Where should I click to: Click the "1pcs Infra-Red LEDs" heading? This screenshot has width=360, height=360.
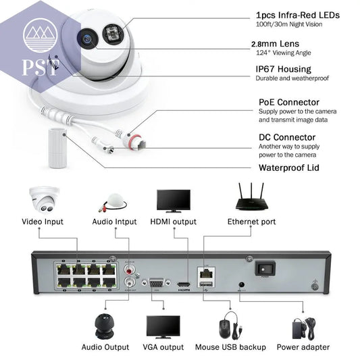(x=297, y=14)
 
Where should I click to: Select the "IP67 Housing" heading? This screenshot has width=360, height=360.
(x=283, y=69)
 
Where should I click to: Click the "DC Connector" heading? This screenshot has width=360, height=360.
(x=286, y=137)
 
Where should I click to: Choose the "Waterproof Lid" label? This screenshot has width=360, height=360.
(x=288, y=168)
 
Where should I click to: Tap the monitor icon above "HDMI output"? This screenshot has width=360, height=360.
(x=173, y=201)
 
